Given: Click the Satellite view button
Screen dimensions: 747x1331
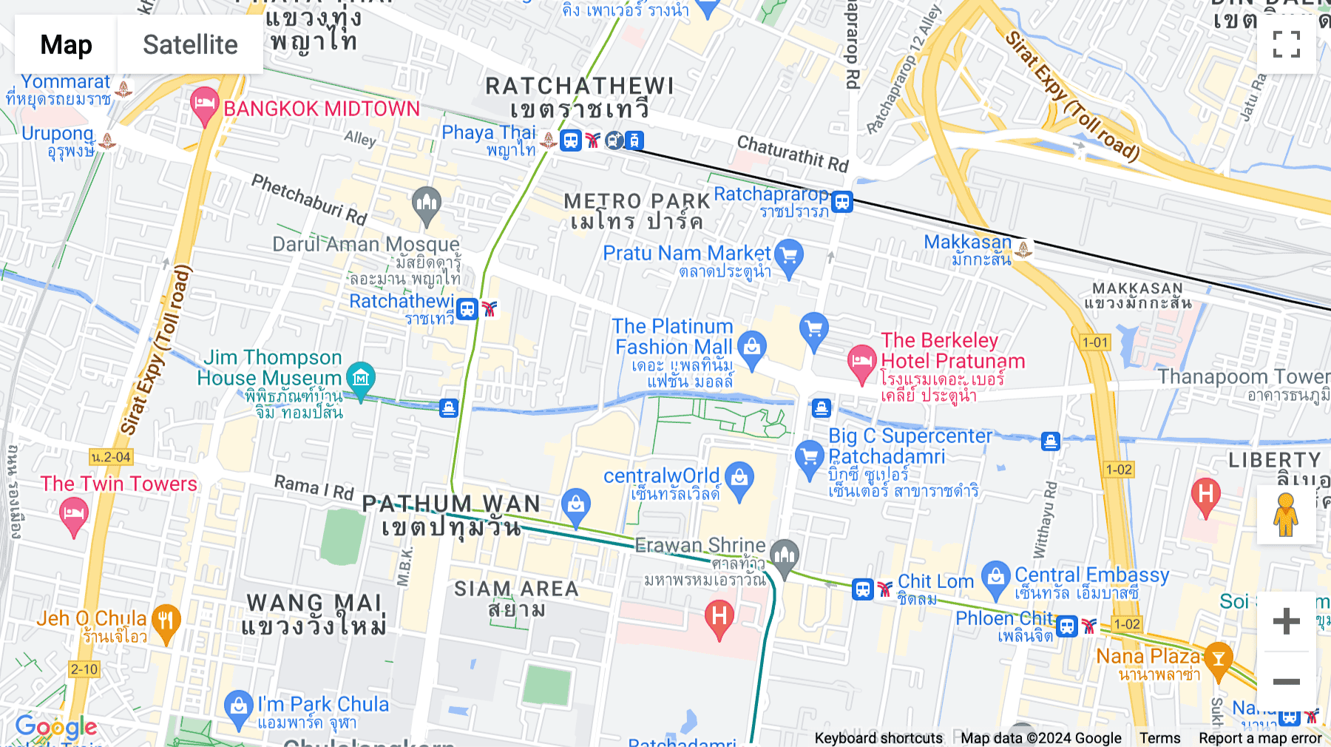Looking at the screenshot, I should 190,45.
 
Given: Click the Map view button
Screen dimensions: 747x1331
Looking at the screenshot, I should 66,45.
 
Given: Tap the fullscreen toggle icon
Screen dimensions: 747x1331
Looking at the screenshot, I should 1286,44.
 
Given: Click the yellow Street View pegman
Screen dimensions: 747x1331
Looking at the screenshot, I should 1286,514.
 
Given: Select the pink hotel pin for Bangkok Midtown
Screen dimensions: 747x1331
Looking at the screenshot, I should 204,107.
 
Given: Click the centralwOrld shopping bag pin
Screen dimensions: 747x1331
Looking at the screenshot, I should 739,480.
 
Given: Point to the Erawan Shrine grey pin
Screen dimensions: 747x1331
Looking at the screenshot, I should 784,556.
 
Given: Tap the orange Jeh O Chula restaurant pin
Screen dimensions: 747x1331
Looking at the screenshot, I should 166,623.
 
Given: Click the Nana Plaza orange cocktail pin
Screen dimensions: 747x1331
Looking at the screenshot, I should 1218,660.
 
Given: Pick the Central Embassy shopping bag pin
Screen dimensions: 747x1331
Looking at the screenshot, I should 996,579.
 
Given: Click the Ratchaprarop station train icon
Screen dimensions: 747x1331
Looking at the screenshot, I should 842,201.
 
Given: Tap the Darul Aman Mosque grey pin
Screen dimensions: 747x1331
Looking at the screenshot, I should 427,205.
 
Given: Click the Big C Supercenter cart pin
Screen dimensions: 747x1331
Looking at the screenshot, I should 809,458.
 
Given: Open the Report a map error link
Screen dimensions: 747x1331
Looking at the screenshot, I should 1260,738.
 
